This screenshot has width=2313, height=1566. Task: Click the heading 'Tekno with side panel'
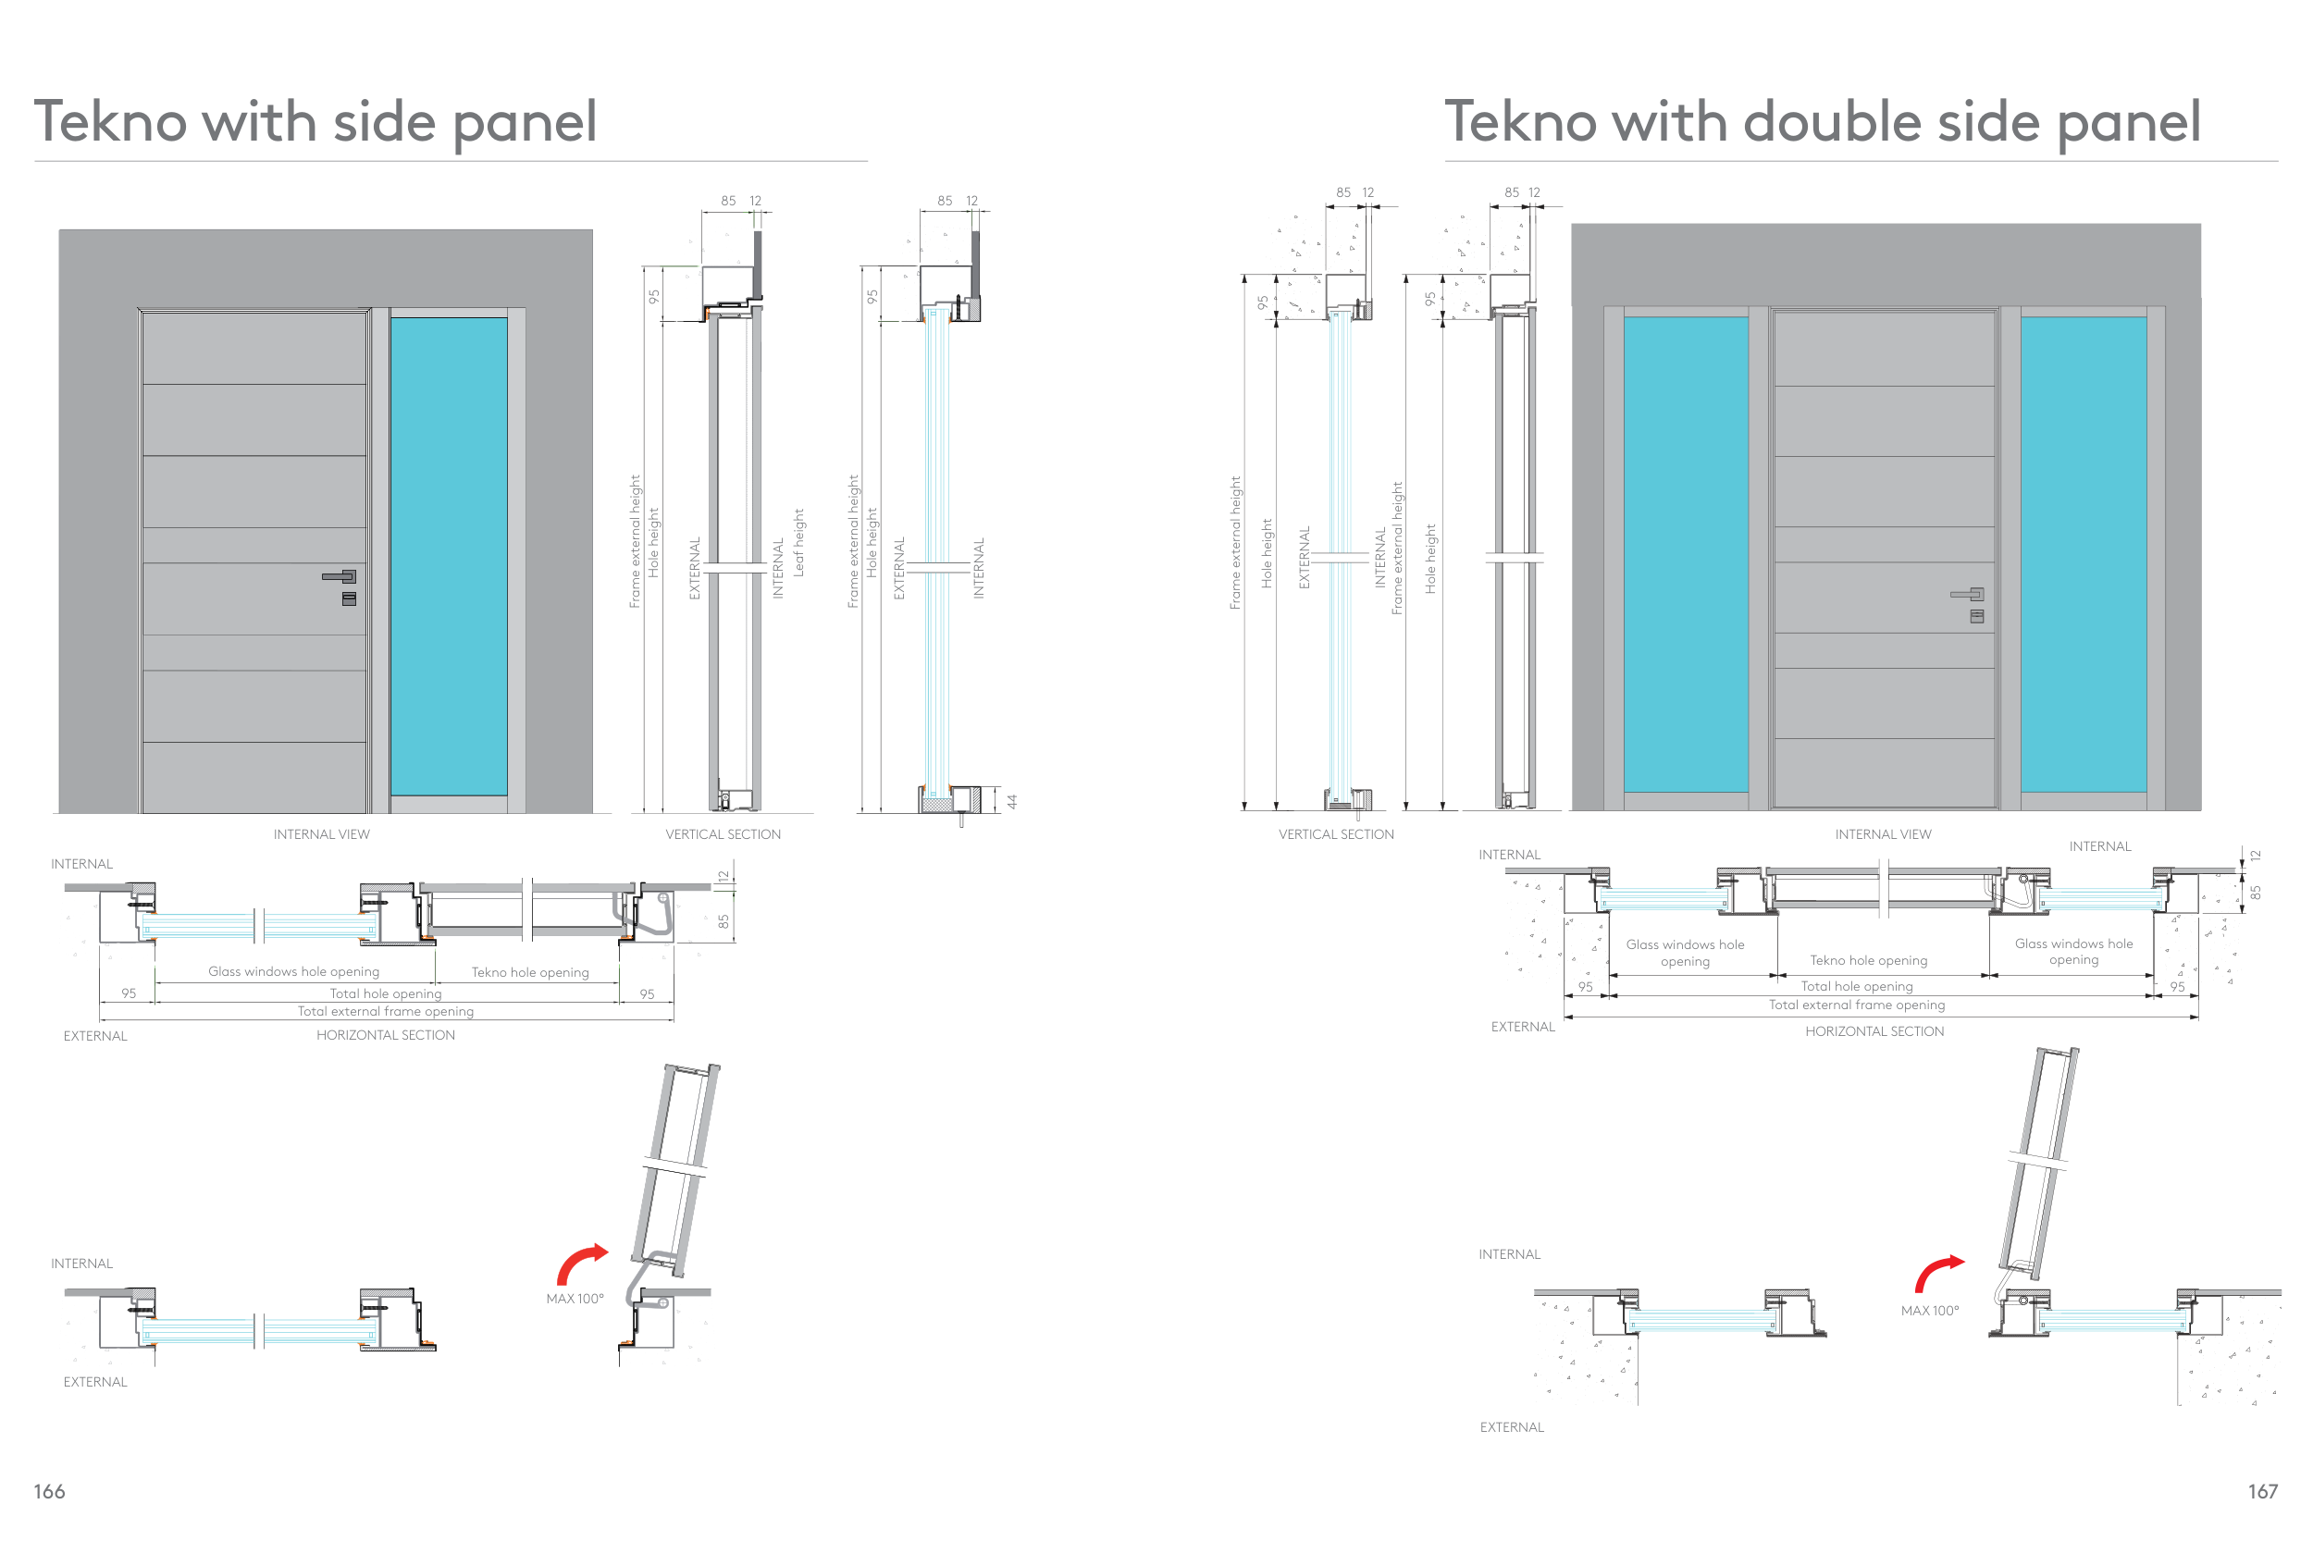point(315,123)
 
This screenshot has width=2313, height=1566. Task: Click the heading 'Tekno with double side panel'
point(1823,123)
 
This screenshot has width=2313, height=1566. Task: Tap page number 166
point(50,1490)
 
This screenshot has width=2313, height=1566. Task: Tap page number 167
point(2262,1490)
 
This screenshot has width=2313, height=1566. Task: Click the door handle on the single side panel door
point(340,576)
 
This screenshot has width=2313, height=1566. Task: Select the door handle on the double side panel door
point(1968,594)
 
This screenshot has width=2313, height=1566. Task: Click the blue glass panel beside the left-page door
point(449,556)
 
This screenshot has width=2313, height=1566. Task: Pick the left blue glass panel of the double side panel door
point(1686,554)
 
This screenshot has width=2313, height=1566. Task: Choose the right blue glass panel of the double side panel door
point(2084,554)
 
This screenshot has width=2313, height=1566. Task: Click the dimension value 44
point(1012,801)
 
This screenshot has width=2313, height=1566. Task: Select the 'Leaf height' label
point(798,543)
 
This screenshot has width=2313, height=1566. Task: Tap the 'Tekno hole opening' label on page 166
point(530,972)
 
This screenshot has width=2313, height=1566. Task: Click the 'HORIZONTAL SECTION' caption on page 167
point(1875,1030)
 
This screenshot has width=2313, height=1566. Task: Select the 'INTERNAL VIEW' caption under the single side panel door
point(321,833)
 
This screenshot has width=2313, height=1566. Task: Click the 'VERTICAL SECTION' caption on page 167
point(1337,833)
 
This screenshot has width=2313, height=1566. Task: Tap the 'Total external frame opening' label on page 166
point(386,1011)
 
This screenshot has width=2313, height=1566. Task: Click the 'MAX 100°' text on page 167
point(1930,1311)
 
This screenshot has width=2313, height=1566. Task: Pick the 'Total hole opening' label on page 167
point(1857,986)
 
